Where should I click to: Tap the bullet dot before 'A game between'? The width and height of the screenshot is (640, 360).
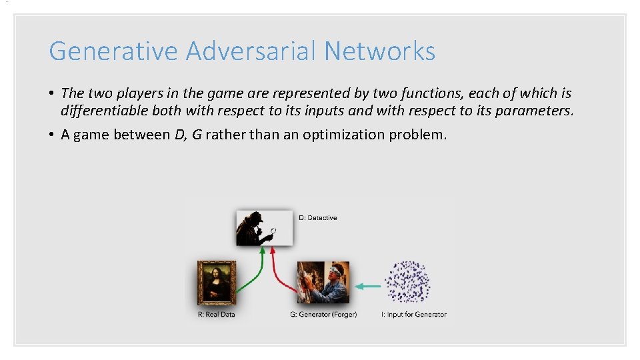click(52, 135)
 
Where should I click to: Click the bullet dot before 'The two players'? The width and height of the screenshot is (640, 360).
click(52, 93)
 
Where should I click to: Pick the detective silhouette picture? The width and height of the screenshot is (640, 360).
click(264, 228)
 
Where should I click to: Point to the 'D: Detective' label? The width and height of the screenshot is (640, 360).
click(318, 218)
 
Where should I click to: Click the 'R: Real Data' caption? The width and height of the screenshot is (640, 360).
click(217, 315)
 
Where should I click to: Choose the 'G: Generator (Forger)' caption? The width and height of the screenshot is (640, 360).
click(323, 315)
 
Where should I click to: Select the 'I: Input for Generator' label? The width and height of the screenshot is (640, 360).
click(413, 315)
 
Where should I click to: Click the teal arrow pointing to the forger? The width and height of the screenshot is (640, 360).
click(367, 287)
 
